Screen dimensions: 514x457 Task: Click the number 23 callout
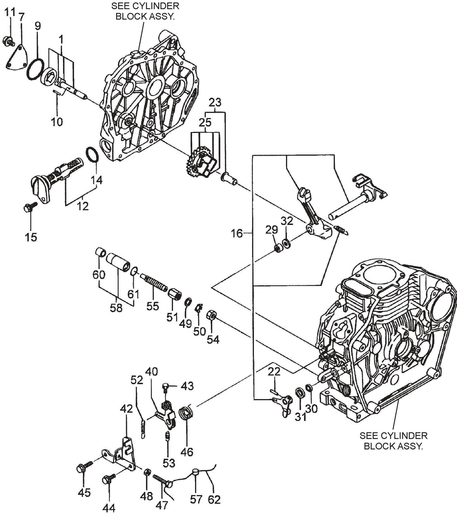[215, 102]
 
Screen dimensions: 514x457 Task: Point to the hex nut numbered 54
[212, 315]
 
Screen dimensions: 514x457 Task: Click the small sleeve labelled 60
[101, 253]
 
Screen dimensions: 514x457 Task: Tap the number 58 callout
[116, 308]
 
